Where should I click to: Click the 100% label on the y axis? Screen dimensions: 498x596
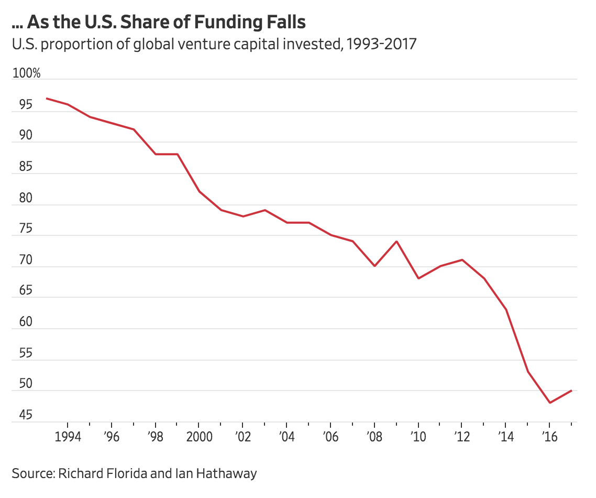(x=26, y=73)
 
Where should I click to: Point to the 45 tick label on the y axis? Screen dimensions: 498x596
(x=22, y=416)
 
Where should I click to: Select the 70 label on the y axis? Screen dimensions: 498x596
(x=22, y=260)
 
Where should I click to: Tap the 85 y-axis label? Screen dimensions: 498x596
(x=22, y=167)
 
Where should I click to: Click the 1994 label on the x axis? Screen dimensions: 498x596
(x=68, y=437)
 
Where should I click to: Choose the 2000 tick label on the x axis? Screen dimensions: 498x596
(x=199, y=437)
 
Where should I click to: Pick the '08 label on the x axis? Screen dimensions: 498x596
(x=374, y=437)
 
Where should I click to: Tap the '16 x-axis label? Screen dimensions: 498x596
(x=549, y=437)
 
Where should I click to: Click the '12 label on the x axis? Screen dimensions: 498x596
(x=461, y=437)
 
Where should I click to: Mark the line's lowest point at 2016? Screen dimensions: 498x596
(x=549, y=403)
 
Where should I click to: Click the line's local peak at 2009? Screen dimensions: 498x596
(x=396, y=241)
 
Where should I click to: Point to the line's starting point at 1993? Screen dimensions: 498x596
(x=46, y=98)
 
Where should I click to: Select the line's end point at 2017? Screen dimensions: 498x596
(x=571, y=391)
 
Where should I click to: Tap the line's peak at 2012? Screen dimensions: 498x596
(x=462, y=259)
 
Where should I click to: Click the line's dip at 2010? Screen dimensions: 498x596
(x=418, y=278)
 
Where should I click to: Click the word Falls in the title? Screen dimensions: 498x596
(x=283, y=23)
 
